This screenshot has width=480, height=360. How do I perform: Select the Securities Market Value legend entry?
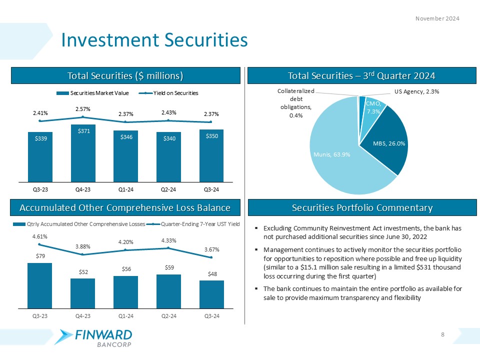click(x=92, y=93)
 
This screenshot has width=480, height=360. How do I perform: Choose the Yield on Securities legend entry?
click(x=170, y=93)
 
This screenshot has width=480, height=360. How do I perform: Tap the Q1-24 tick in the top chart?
click(x=126, y=189)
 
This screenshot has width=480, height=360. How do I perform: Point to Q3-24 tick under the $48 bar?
click(x=211, y=316)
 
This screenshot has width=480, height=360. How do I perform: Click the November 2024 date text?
click(x=437, y=18)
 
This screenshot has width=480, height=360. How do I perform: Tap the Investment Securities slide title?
click(x=154, y=40)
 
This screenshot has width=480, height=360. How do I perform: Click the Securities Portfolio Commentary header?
click(x=362, y=207)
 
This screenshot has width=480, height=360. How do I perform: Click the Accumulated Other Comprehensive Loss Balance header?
click(x=125, y=207)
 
